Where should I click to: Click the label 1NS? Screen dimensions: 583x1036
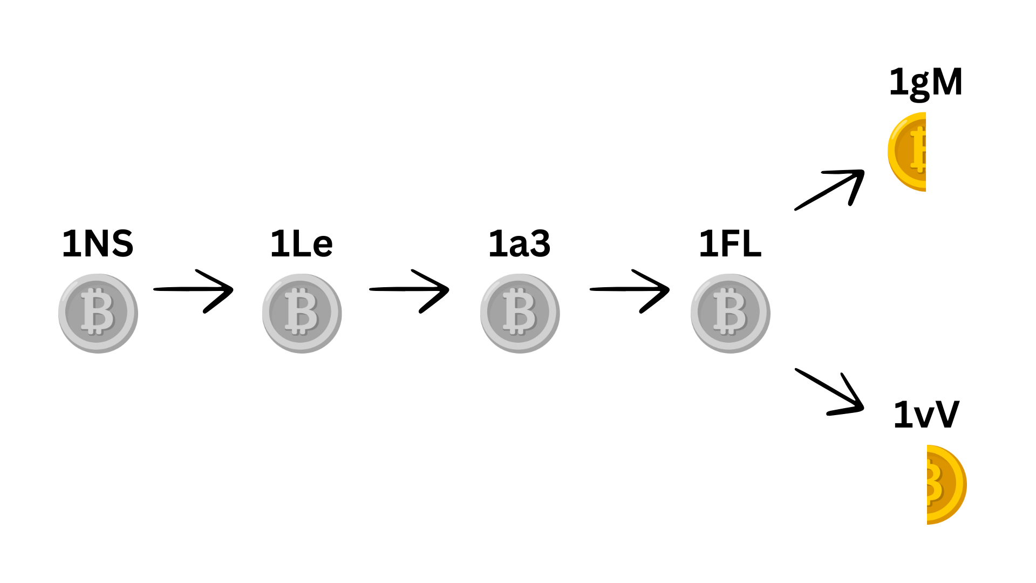click(98, 243)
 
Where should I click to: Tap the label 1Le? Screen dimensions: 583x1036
click(301, 243)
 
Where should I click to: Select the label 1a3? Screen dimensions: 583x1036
click(519, 243)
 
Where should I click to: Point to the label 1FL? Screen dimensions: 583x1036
click(730, 243)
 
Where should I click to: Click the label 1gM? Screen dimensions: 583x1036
click(926, 83)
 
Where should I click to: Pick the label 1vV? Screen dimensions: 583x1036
click(926, 415)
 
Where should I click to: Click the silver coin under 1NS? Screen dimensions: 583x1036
click(98, 313)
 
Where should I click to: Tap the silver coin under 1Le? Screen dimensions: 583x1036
click(302, 313)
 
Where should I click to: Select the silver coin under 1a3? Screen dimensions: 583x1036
click(520, 313)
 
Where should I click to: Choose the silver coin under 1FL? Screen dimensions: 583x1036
click(730, 313)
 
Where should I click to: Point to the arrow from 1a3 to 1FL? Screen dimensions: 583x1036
click(630, 290)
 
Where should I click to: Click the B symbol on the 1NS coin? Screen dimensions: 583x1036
click(98, 312)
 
